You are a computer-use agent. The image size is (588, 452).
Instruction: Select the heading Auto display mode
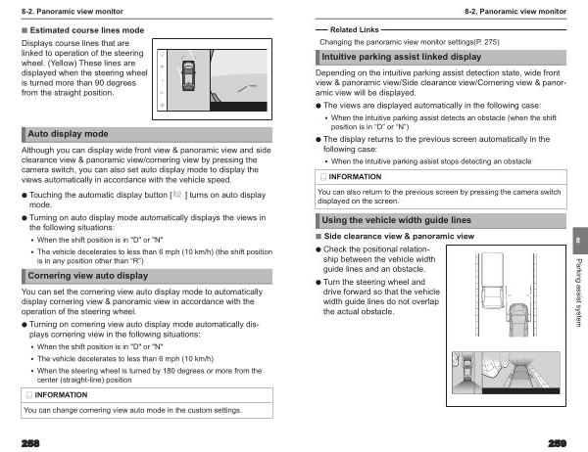pyautogui.click(x=68, y=133)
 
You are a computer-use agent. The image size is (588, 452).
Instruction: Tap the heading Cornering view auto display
pyautogui.click(x=88, y=276)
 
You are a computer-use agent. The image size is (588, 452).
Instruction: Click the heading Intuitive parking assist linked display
pyautogui.click(x=402, y=58)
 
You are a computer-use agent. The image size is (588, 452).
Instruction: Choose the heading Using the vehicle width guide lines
pyautogui.click(x=397, y=221)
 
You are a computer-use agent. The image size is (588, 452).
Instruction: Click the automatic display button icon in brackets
pyautogui.click(x=177, y=196)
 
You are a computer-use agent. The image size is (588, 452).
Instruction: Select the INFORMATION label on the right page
pyautogui.click(x=354, y=177)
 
